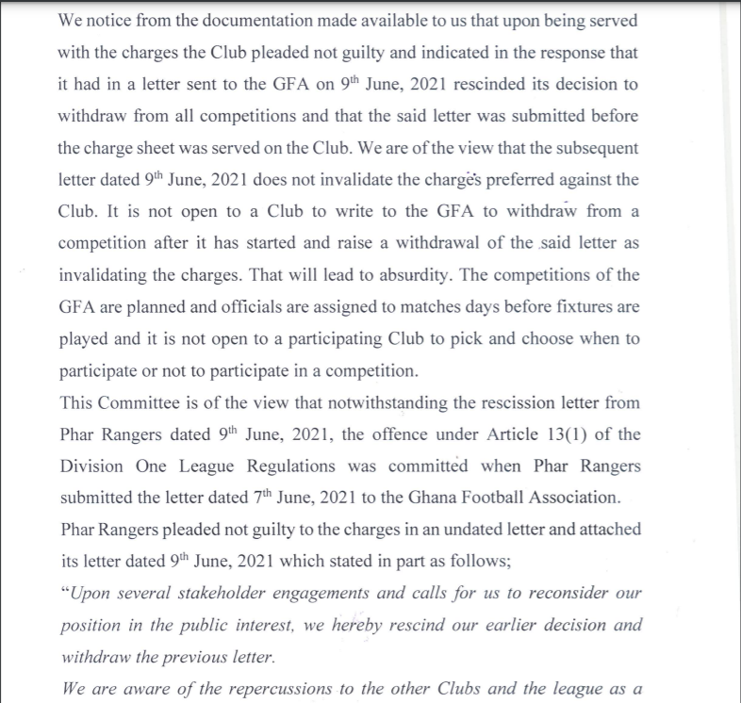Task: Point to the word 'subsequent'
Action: (x=588, y=148)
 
